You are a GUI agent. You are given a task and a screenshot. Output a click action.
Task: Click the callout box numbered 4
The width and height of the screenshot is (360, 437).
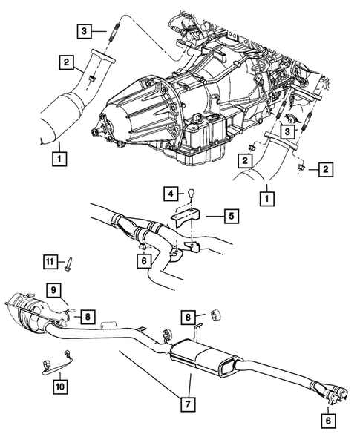click(170, 194)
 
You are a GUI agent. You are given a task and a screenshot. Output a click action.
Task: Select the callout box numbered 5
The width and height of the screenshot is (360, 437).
click(230, 217)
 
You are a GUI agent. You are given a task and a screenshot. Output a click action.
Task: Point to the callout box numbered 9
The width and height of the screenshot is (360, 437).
click(54, 289)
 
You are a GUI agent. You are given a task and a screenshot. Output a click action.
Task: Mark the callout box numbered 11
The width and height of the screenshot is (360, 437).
click(49, 261)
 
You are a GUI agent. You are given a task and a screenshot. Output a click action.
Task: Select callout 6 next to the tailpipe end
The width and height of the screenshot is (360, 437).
click(326, 418)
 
